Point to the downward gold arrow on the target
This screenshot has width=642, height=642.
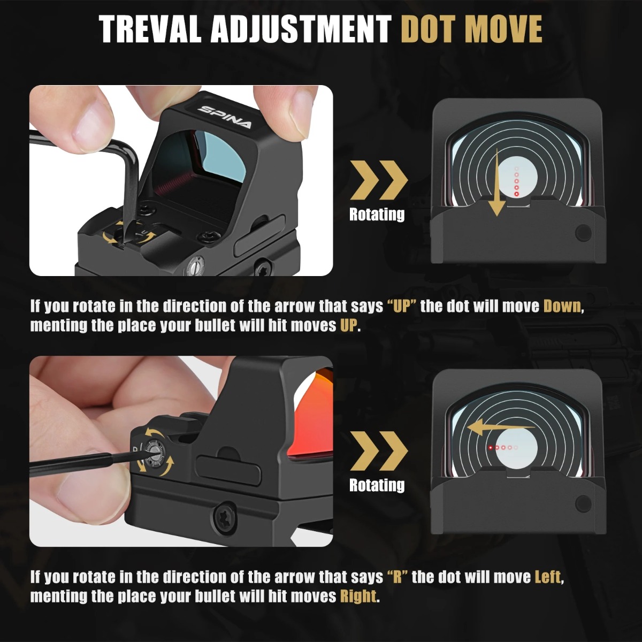click(497, 185)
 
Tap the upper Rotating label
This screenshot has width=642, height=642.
click(377, 215)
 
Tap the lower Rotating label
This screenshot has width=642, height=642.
click(377, 485)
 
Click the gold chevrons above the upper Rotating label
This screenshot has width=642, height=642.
click(379, 181)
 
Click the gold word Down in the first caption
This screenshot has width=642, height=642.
click(562, 306)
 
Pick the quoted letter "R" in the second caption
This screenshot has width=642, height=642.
click(397, 577)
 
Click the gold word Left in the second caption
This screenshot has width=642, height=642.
click(548, 577)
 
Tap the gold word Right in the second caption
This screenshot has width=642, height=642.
click(358, 596)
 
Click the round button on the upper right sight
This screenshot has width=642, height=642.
click(583, 232)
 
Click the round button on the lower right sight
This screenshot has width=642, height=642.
click(583, 503)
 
